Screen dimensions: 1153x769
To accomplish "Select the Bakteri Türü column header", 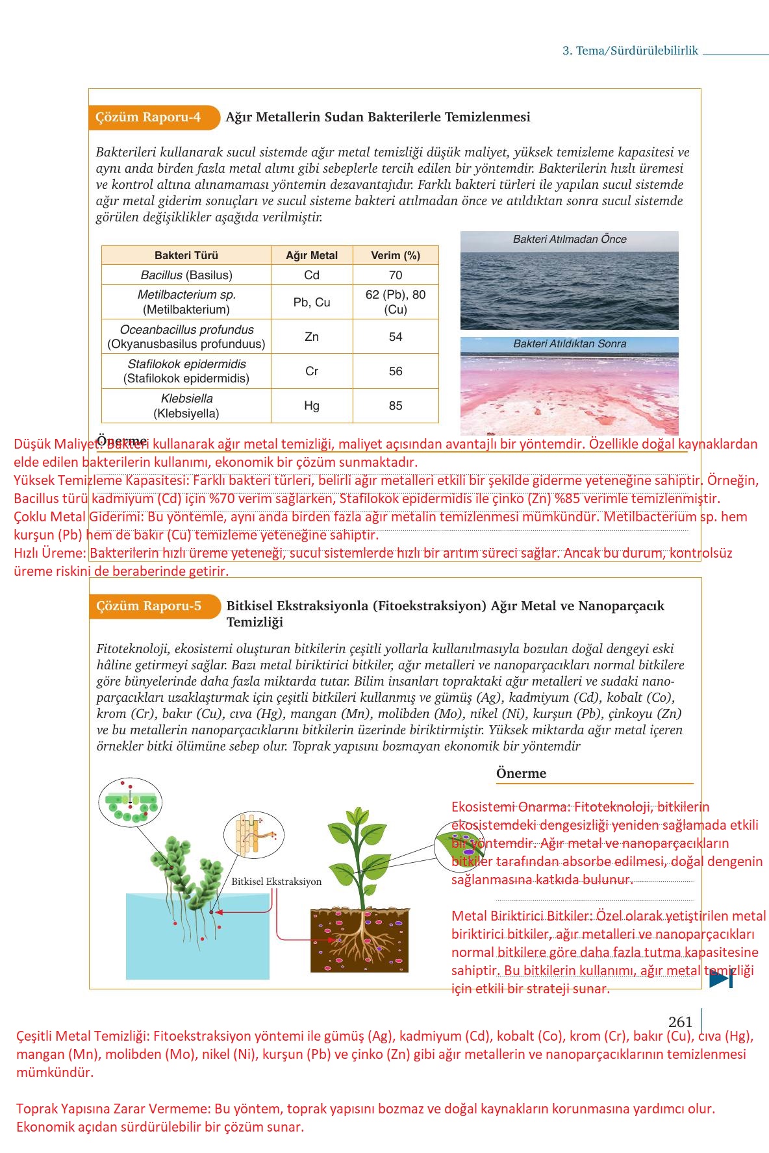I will click(186, 255).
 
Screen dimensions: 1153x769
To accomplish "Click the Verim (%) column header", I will click(395, 255).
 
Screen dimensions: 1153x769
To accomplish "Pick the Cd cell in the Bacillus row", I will click(312, 275).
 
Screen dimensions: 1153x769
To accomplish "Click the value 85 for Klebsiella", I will click(395, 406).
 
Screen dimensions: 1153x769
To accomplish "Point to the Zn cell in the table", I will click(312, 336).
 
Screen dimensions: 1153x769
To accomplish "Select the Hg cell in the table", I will click(312, 406).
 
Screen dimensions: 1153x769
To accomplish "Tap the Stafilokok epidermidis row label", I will click(186, 371).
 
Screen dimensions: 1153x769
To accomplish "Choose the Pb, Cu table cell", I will click(312, 302).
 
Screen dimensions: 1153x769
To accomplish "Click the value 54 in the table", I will click(395, 336).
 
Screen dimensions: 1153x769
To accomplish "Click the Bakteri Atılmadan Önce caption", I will click(569, 240).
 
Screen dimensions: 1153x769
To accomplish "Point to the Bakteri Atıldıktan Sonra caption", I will click(569, 344).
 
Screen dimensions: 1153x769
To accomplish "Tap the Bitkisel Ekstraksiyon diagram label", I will click(276, 882).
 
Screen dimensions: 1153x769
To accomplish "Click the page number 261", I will click(680, 1022).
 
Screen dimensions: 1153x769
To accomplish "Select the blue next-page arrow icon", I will click(721, 979).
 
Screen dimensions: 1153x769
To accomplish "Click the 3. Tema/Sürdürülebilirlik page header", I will click(629, 51).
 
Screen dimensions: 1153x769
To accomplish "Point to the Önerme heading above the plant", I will click(521, 773).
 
